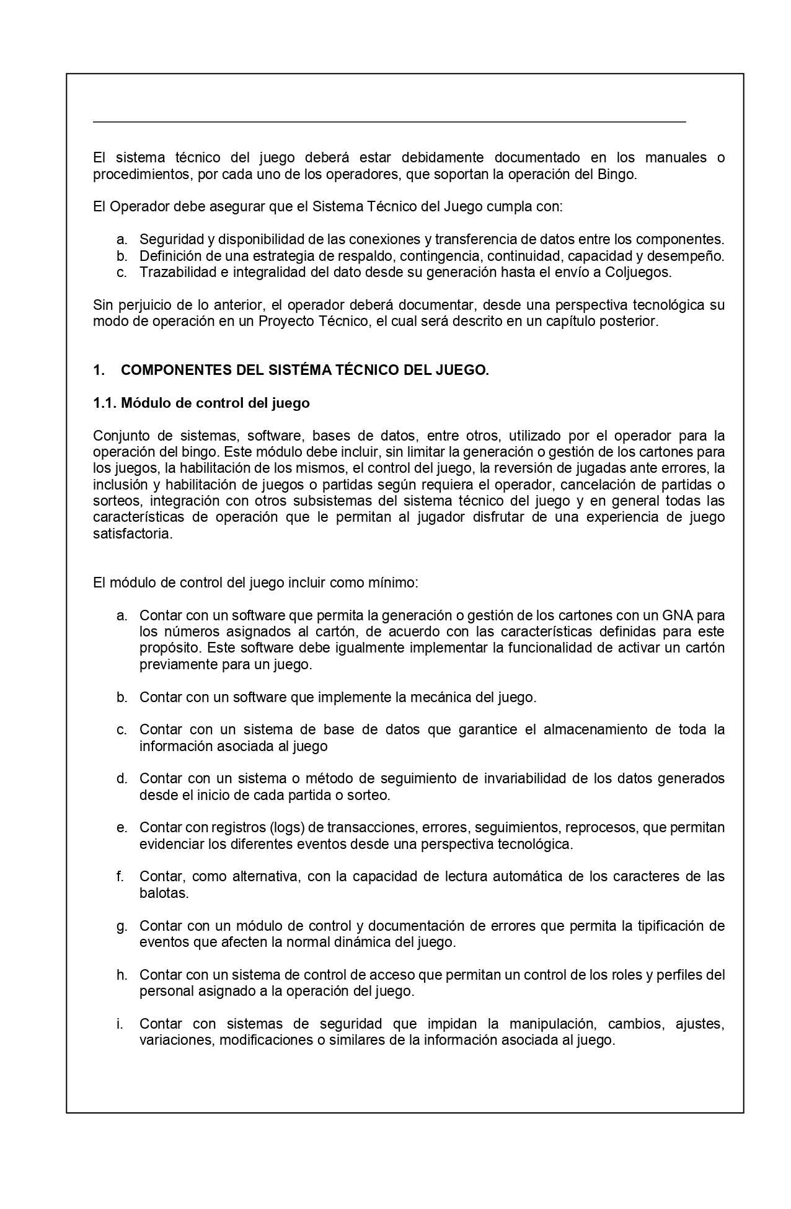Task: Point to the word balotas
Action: coord(163,894)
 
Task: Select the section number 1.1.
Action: coord(105,403)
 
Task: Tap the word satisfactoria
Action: coord(132,534)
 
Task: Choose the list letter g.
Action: coord(122,926)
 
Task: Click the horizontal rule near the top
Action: coord(389,122)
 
